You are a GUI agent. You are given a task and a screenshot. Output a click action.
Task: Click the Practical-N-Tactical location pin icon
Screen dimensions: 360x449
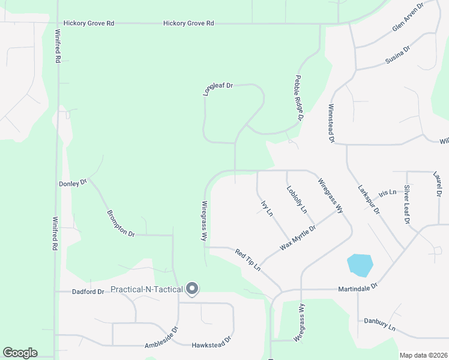coord(192,289)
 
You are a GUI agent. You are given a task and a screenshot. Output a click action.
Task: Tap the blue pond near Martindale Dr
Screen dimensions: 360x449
coord(360,265)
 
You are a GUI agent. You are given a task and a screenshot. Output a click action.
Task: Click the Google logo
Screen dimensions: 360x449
coord(20,353)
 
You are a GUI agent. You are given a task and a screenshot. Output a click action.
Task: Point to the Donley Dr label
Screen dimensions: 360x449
coord(73,183)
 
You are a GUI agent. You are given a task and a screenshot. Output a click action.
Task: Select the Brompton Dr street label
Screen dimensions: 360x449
coord(121,223)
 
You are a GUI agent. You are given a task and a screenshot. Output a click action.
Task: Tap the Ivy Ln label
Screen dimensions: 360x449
coord(267,208)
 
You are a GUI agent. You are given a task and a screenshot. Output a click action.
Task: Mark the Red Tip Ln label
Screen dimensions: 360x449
coord(249,259)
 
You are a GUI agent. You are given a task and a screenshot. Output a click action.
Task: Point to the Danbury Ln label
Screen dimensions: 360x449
coord(379,324)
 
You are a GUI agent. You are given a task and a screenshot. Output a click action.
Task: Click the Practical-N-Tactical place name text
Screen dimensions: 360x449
coord(146,290)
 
